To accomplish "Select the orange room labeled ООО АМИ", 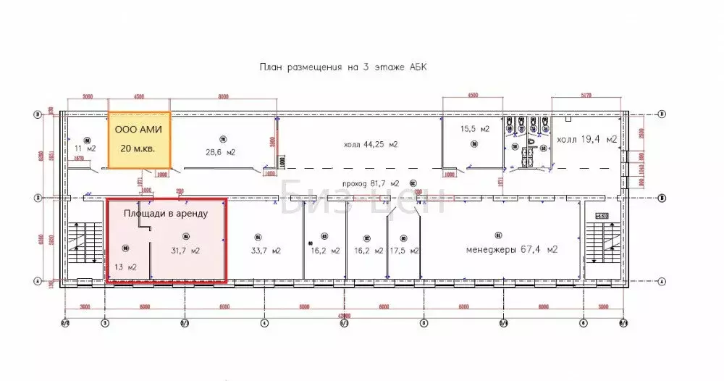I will tap(140, 139).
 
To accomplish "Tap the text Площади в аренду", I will tap(165, 214).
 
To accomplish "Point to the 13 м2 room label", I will tap(127, 267).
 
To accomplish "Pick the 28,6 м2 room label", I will tap(220, 152).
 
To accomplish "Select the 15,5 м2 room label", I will tap(475, 129).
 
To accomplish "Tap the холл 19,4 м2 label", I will tap(586, 138).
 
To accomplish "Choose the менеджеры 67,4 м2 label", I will tap(515, 250).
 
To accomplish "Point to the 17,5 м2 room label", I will tap(404, 251).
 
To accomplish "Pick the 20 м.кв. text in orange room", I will tap(140, 148).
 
